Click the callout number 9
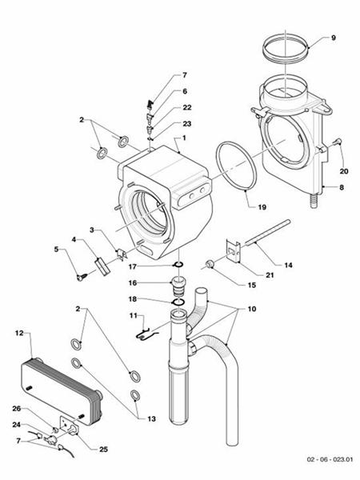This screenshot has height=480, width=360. (x=334, y=38)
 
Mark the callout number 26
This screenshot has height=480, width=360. (x=17, y=410)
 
